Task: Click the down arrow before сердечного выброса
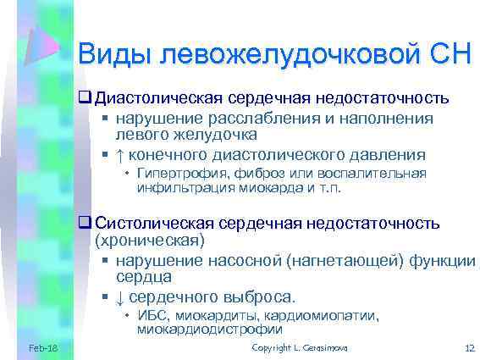119,297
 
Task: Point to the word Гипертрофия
174,174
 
